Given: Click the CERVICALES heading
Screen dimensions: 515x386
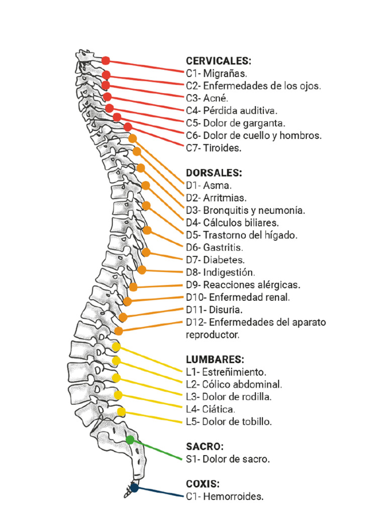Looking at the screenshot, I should (218, 61).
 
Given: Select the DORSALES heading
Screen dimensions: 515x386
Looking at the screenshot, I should (214, 173).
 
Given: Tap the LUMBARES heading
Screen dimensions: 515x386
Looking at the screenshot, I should (215, 360).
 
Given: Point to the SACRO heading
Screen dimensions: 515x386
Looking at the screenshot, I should (205, 446).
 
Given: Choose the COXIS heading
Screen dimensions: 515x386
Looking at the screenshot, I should (203, 484).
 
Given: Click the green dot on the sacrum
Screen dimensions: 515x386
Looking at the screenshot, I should (130, 440).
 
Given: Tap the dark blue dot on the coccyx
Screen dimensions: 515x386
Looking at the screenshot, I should (134, 487).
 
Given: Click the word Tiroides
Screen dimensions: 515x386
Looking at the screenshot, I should (222, 148).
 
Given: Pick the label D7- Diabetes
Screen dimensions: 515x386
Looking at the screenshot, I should (215, 260).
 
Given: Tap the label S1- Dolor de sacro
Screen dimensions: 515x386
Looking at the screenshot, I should (228, 459).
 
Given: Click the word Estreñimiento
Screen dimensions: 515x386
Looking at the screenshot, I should (234, 372).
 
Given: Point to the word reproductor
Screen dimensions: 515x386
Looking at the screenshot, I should (213, 334).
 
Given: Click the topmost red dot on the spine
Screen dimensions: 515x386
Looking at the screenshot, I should (106, 61).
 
